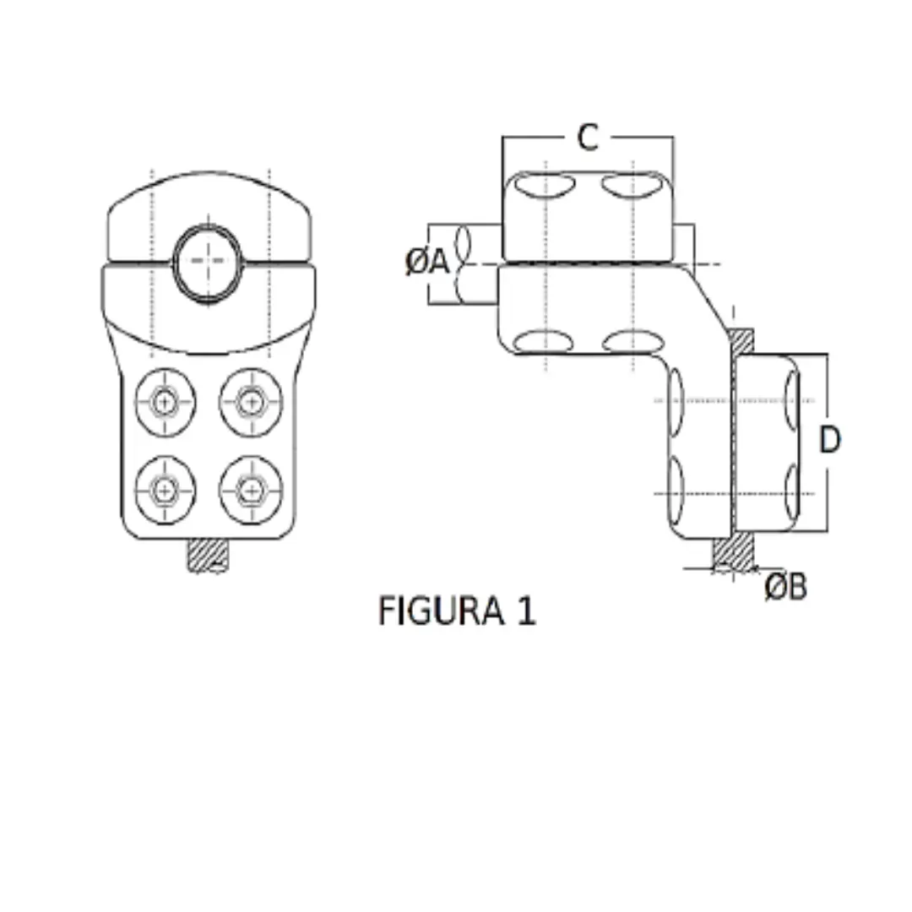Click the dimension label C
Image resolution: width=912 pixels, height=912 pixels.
click(588, 137)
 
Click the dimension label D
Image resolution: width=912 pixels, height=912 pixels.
click(830, 440)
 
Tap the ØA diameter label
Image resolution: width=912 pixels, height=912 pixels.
click(427, 263)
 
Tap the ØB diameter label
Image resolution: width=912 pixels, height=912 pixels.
click(785, 587)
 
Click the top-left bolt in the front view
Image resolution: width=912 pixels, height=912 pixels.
click(166, 403)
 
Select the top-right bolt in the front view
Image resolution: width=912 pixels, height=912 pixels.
click(250, 402)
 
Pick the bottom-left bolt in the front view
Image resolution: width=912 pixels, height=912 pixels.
click(166, 488)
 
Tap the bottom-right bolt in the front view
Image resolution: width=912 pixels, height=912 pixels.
click(250, 488)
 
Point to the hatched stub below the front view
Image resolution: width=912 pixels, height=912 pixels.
click(209, 556)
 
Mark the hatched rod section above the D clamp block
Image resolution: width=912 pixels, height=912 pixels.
click(740, 341)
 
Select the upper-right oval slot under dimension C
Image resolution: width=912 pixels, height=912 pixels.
click(633, 186)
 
